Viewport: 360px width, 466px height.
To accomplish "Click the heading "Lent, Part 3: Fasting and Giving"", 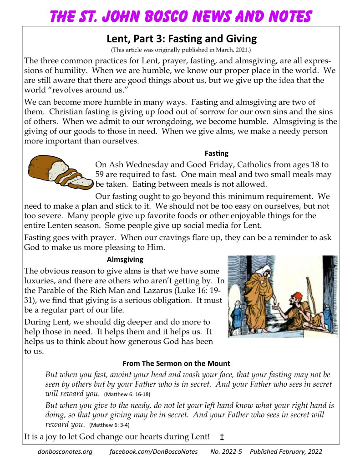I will click(x=181, y=38).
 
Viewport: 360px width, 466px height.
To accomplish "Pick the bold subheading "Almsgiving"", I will click(x=125, y=260).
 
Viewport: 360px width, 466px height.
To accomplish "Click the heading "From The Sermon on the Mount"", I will click(x=176, y=363).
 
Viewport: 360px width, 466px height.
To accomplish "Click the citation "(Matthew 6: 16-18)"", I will click(x=127, y=394).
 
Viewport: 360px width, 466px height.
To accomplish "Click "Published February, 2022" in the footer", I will click(x=286, y=451).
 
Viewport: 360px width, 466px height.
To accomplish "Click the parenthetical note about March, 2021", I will click(x=181, y=49).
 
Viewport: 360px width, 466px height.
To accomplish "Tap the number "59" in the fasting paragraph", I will click(x=101, y=174).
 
